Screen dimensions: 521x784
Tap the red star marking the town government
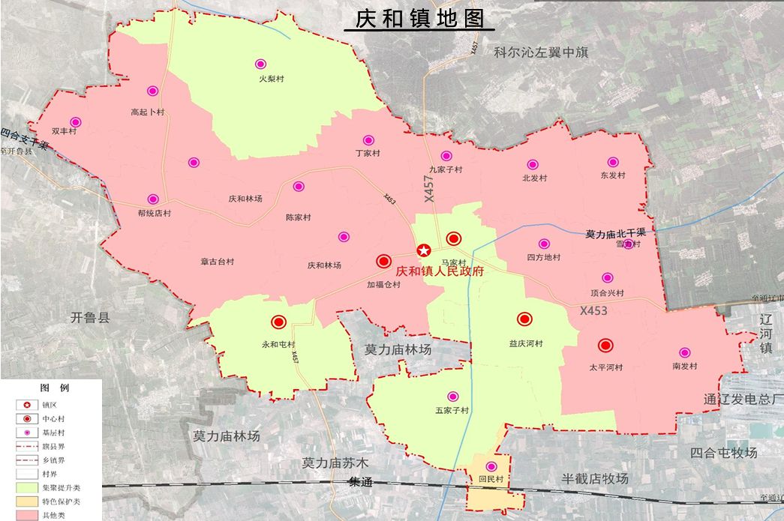tap(424, 250)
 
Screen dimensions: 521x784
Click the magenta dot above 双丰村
tap(75, 122)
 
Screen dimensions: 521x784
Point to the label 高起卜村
tap(147, 112)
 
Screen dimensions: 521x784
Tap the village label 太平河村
tap(605, 367)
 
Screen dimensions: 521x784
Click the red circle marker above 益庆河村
tap(524, 319)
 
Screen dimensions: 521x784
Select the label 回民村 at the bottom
tap(491, 479)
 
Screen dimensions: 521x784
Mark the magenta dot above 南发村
tap(684, 352)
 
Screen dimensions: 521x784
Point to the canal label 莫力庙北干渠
tap(620, 233)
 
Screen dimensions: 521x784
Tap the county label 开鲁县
tap(90, 317)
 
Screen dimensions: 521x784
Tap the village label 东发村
tap(612, 176)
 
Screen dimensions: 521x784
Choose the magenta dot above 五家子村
tap(452, 397)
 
